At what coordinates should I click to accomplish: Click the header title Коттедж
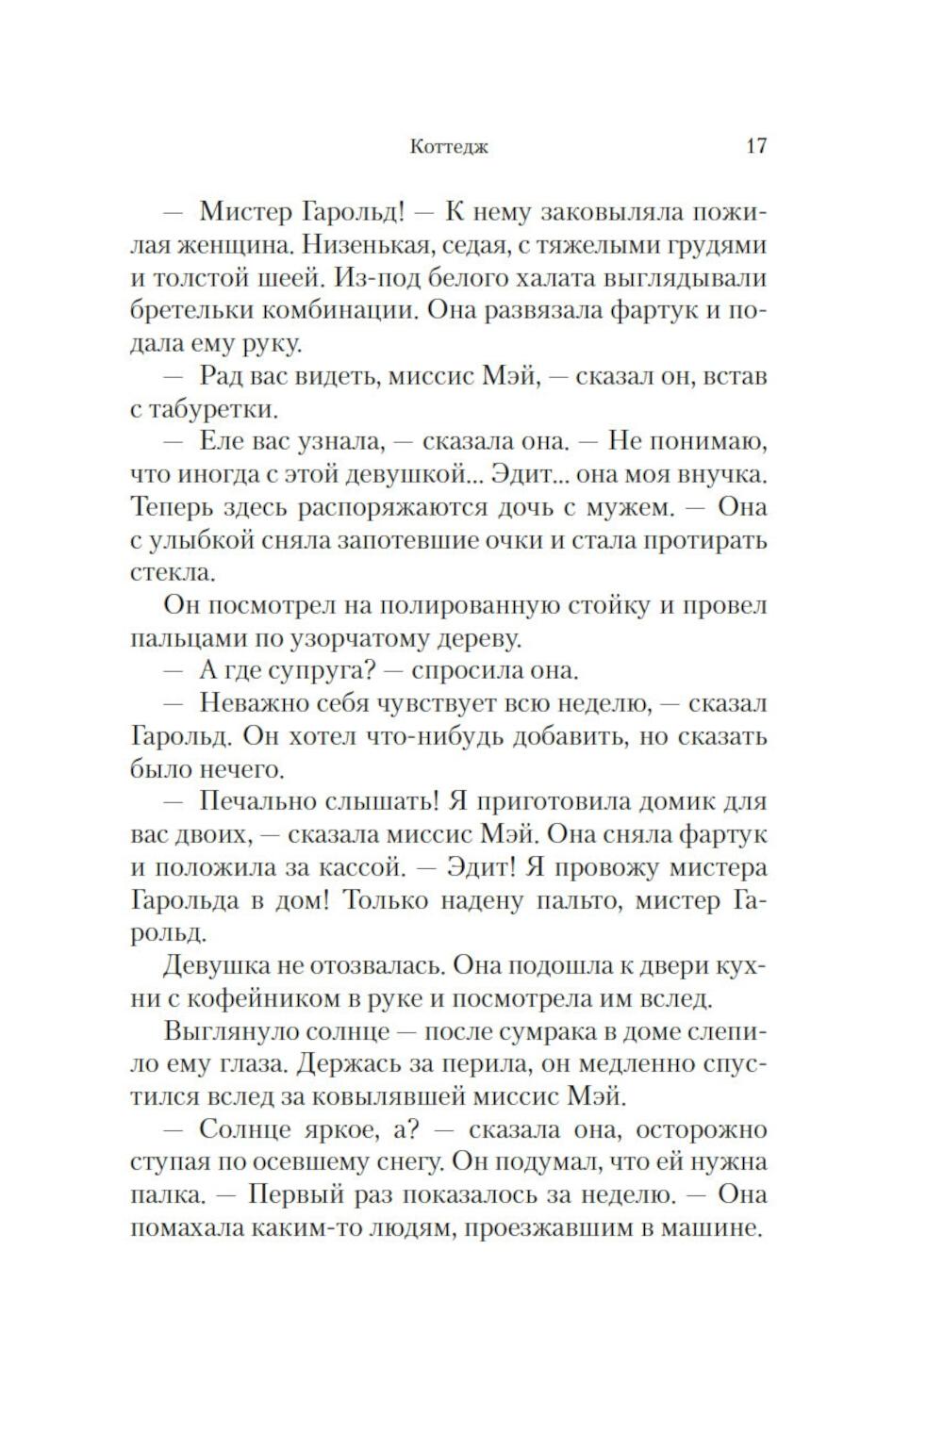(450, 147)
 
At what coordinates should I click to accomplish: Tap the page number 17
(755, 146)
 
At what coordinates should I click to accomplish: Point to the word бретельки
(190, 311)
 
